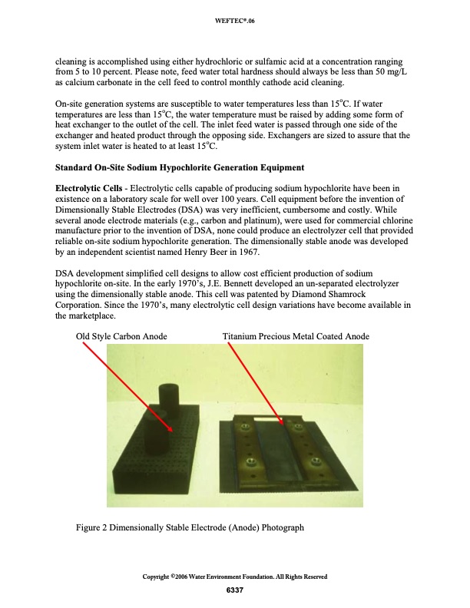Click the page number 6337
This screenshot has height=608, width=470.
tap(234, 590)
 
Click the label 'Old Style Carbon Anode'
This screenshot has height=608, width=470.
tap(121, 336)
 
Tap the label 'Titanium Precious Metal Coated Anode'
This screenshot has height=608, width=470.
tap(296, 336)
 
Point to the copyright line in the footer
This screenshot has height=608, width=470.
tap(235, 577)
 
